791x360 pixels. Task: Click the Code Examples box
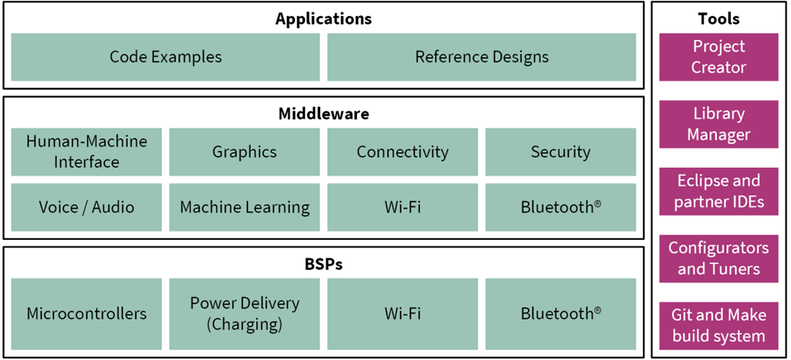(166, 57)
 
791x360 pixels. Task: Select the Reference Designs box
(482, 57)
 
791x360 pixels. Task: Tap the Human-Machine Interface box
(86, 152)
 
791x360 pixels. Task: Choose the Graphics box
(244, 152)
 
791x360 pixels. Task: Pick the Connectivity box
(403, 152)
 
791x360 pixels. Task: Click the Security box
(560, 152)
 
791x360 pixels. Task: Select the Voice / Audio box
(86, 207)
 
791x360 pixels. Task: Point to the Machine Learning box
(244, 207)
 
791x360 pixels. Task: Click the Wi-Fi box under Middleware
(403, 207)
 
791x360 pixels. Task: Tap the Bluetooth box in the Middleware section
(560, 207)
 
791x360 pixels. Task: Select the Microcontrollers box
(86, 314)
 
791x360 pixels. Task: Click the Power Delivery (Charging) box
(244, 314)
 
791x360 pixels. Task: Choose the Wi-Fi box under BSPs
(403, 314)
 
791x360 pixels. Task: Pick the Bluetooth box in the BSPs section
(560, 314)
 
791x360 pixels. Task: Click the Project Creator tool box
(719, 57)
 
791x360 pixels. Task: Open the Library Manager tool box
(719, 124)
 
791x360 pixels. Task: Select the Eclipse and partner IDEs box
(719, 192)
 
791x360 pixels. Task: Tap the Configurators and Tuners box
(719, 259)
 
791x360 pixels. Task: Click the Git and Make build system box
(719, 326)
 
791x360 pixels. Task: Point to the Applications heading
(323, 20)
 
